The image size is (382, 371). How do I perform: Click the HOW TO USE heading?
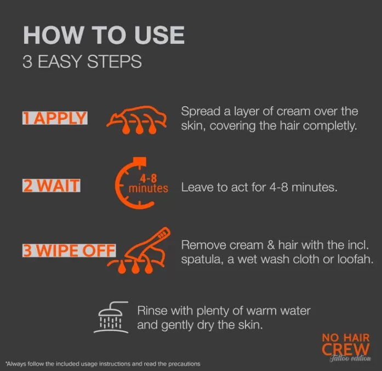click(104, 35)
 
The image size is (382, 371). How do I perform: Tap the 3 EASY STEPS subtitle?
click(82, 61)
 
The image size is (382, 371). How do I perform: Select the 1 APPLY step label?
click(55, 118)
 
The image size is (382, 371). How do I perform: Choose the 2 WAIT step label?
click(52, 185)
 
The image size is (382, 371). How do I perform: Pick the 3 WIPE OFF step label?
click(69, 250)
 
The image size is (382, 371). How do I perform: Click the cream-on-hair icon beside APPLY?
click(136, 120)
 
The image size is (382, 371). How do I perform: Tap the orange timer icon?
click(134, 183)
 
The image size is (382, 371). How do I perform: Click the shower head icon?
click(111, 317)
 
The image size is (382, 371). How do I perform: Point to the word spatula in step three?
click(202, 260)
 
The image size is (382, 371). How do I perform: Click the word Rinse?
click(152, 311)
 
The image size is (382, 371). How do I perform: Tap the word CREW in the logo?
click(346, 350)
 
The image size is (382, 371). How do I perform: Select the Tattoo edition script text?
click(350, 358)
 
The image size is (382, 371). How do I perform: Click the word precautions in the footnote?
click(184, 364)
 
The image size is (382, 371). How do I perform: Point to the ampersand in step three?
click(271, 245)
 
